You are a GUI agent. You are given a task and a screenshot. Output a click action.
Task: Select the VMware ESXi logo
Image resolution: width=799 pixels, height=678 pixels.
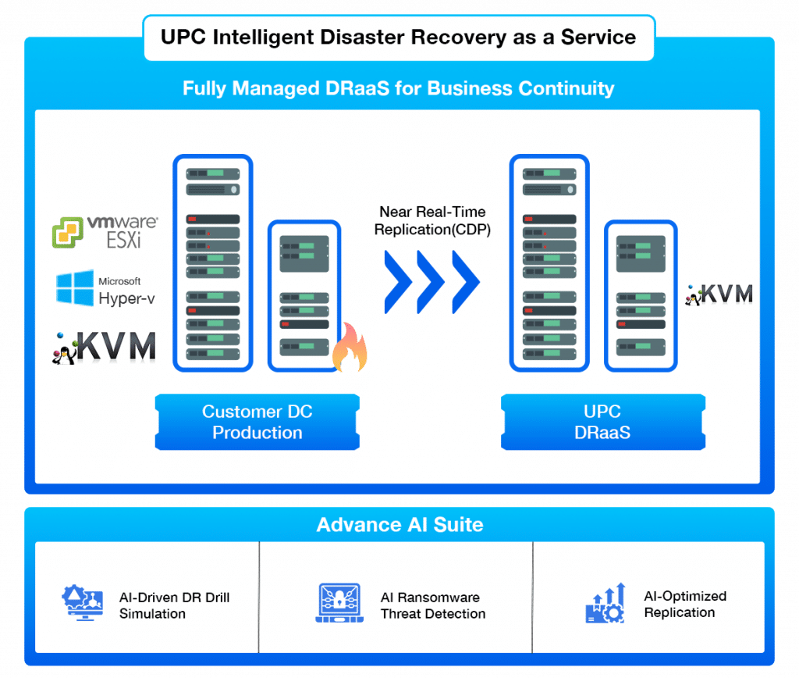coord(105,233)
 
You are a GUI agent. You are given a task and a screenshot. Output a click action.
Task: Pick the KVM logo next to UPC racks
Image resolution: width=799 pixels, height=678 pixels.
coord(719,294)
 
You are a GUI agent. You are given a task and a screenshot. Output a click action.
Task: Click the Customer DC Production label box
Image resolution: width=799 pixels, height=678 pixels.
coord(257,423)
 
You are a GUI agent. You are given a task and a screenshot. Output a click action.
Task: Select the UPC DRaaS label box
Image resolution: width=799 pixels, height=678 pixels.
coord(602,423)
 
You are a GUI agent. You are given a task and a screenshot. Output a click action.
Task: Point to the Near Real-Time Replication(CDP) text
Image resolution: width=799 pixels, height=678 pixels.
coord(432,220)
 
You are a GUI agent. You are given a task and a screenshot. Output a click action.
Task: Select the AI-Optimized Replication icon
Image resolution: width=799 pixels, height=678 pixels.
coord(604,603)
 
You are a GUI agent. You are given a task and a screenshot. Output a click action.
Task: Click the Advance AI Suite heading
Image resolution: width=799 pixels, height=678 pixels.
coord(399,525)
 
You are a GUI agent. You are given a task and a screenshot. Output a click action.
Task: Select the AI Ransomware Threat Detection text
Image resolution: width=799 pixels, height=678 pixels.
coord(432,605)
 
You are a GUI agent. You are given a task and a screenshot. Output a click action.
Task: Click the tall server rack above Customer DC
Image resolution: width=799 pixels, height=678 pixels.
coord(212,262)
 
